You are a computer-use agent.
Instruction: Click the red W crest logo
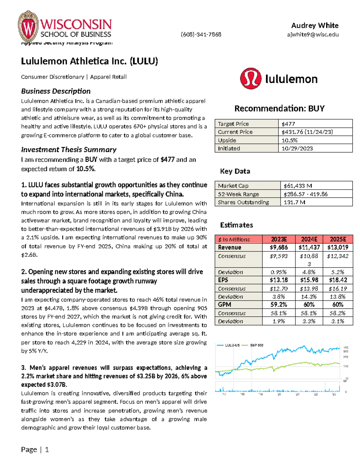tap(28, 26)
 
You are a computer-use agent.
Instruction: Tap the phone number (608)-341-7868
tap(201, 35)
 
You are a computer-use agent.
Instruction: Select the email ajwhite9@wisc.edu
tap(313, 35)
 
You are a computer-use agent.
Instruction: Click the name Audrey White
tap(315, 26)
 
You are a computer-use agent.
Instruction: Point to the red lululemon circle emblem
tap(250, 78)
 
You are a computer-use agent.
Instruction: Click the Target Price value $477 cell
tap(315, 124)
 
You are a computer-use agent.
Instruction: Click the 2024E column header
tap(309, 239)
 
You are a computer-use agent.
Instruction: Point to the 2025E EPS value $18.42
tap(338, 280)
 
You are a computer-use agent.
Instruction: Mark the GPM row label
tap(225, 305)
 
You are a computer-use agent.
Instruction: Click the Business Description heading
tap(55, 91)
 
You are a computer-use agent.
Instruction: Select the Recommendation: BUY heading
tap(279, 108)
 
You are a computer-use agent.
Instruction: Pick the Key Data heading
tap(235, 171)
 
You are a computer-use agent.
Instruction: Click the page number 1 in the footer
tap(47, 449)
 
